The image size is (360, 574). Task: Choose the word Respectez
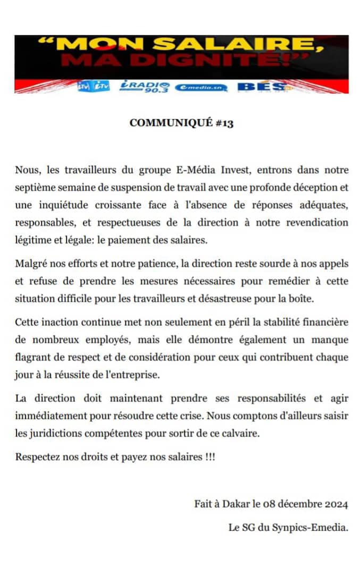click(38, 457)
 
